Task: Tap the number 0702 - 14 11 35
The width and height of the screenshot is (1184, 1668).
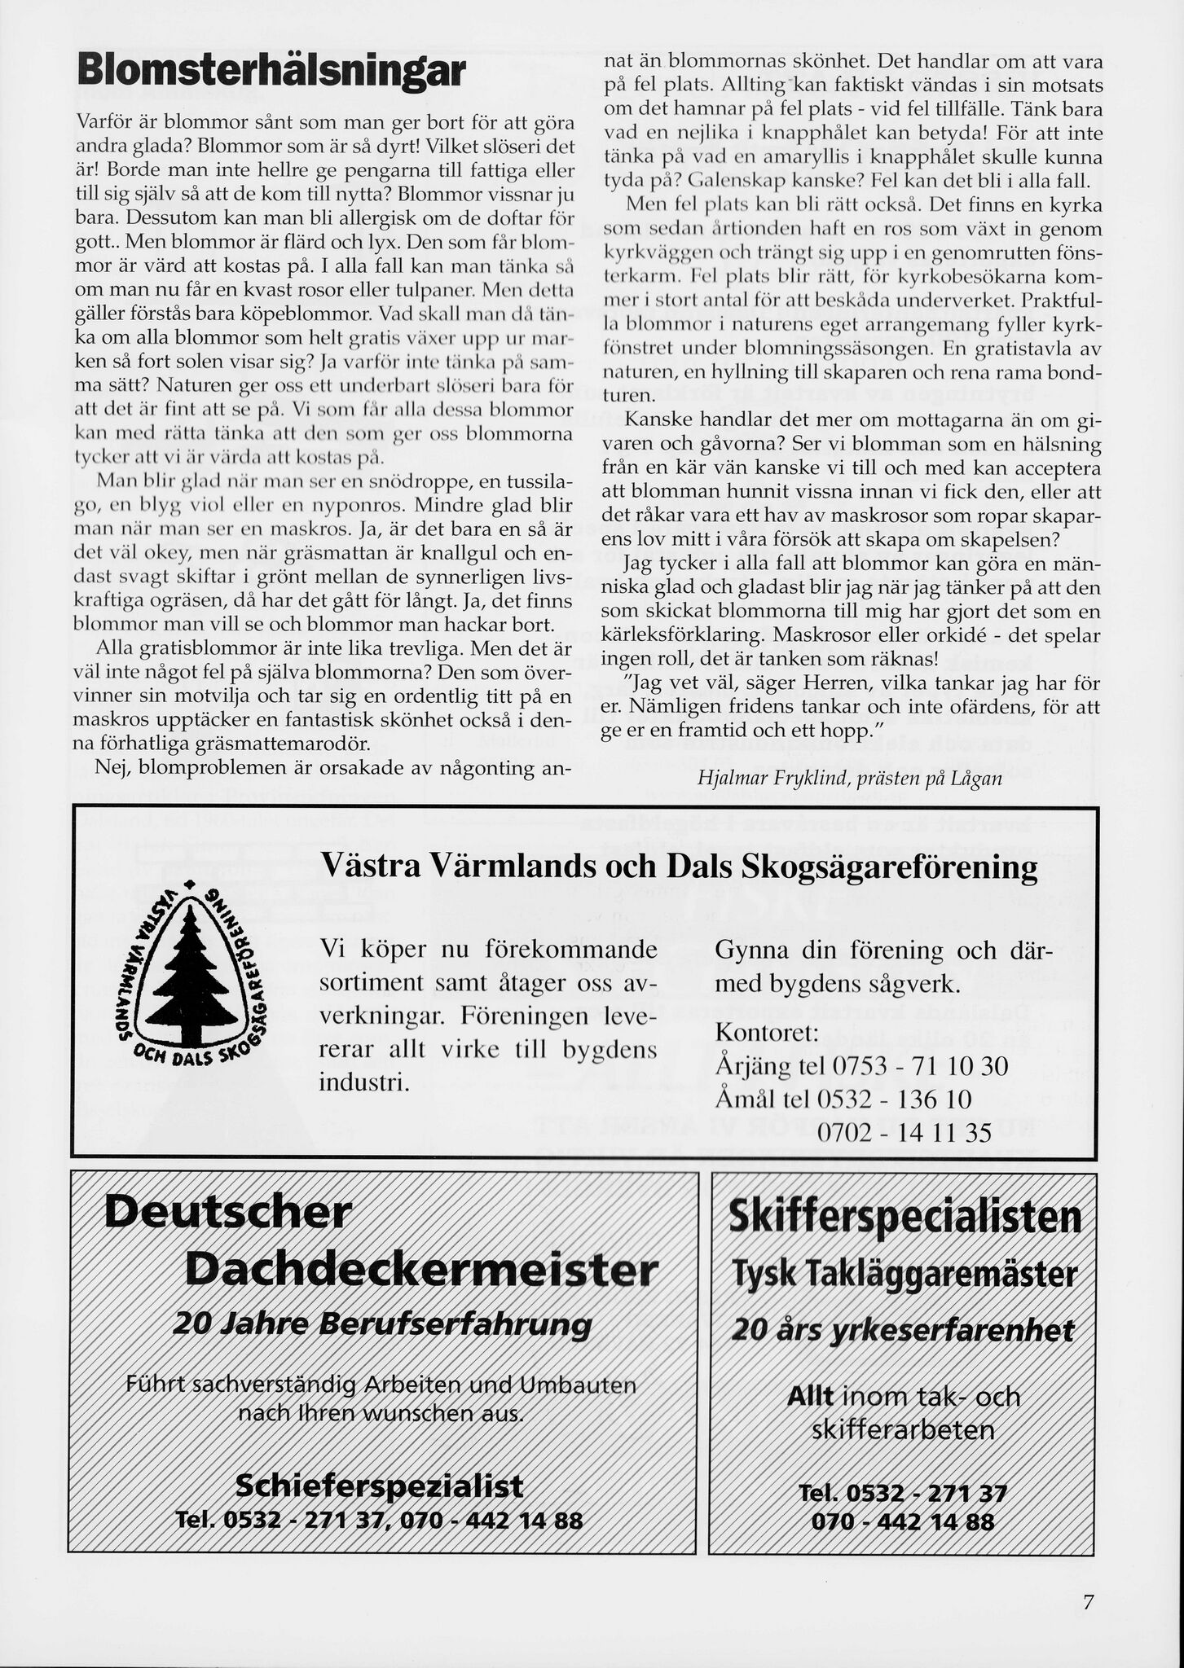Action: point(904,1133)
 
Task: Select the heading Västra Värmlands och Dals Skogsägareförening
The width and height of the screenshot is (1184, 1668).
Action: point(680,867)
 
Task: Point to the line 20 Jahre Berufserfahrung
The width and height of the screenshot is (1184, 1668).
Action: point(382,1324)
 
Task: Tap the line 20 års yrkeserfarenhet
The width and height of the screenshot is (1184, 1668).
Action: point(903,1331)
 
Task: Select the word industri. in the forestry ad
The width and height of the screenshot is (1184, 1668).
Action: point(363,1083)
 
